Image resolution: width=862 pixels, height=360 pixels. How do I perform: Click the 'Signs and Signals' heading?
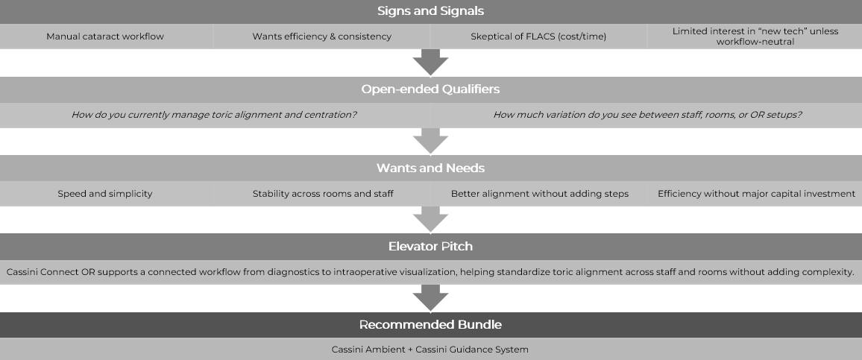(430, 10)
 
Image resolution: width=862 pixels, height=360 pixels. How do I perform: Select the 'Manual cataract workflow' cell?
(105, 36)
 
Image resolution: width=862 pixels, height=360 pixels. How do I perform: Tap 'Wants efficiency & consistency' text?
(321, 36)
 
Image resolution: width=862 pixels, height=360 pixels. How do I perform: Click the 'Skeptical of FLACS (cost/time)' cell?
(538, 36)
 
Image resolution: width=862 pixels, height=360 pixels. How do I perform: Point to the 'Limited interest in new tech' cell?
(755, 36)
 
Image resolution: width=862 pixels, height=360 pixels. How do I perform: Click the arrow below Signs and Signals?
(430, 62)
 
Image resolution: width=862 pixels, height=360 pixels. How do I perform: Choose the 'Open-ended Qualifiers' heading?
(430, 89)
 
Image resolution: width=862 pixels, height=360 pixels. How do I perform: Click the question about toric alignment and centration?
(214, 115)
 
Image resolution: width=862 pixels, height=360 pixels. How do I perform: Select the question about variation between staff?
(647, 115)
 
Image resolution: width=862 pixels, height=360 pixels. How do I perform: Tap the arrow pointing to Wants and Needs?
(430, 141)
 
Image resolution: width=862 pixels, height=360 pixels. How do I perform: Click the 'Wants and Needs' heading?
(430, 168)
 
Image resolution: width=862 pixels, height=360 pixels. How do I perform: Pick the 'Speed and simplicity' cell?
(105, 194)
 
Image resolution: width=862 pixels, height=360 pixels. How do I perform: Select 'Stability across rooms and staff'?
(323, 194)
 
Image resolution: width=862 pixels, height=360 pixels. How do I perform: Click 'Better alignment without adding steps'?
(539, 194)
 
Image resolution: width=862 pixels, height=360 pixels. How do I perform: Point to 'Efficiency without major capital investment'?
(756, 194)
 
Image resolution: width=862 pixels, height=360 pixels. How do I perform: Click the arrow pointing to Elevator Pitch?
(430, 219)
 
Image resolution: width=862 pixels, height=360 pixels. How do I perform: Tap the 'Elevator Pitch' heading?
(430, 246)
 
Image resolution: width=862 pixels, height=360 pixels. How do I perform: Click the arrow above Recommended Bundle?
(430, 298)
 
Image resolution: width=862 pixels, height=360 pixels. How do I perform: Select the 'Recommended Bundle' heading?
(430, 325)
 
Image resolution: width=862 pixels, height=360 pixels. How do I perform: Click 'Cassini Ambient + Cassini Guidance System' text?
(430, 349)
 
